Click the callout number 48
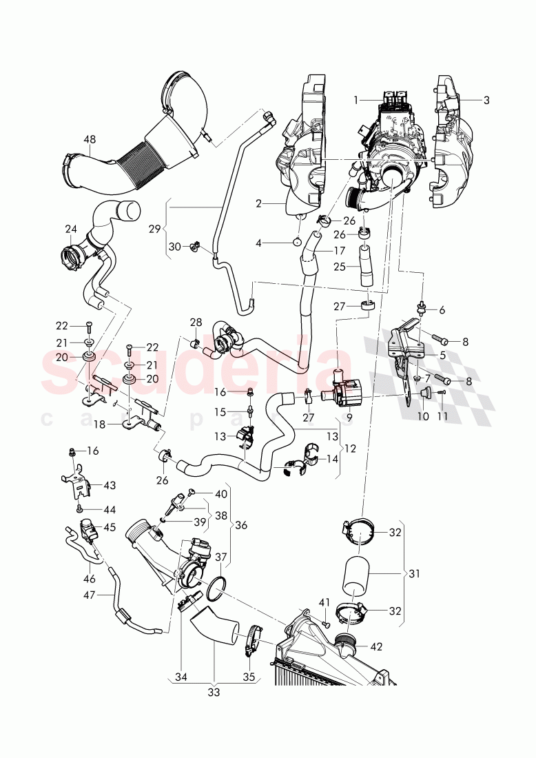coord(90,139)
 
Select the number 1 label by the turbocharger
coord(356,100)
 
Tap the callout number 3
coord(486,100)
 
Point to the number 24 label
coord(71,229)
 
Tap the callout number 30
coord(174,247)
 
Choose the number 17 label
coord(340,252)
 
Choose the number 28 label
coord(196,322)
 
